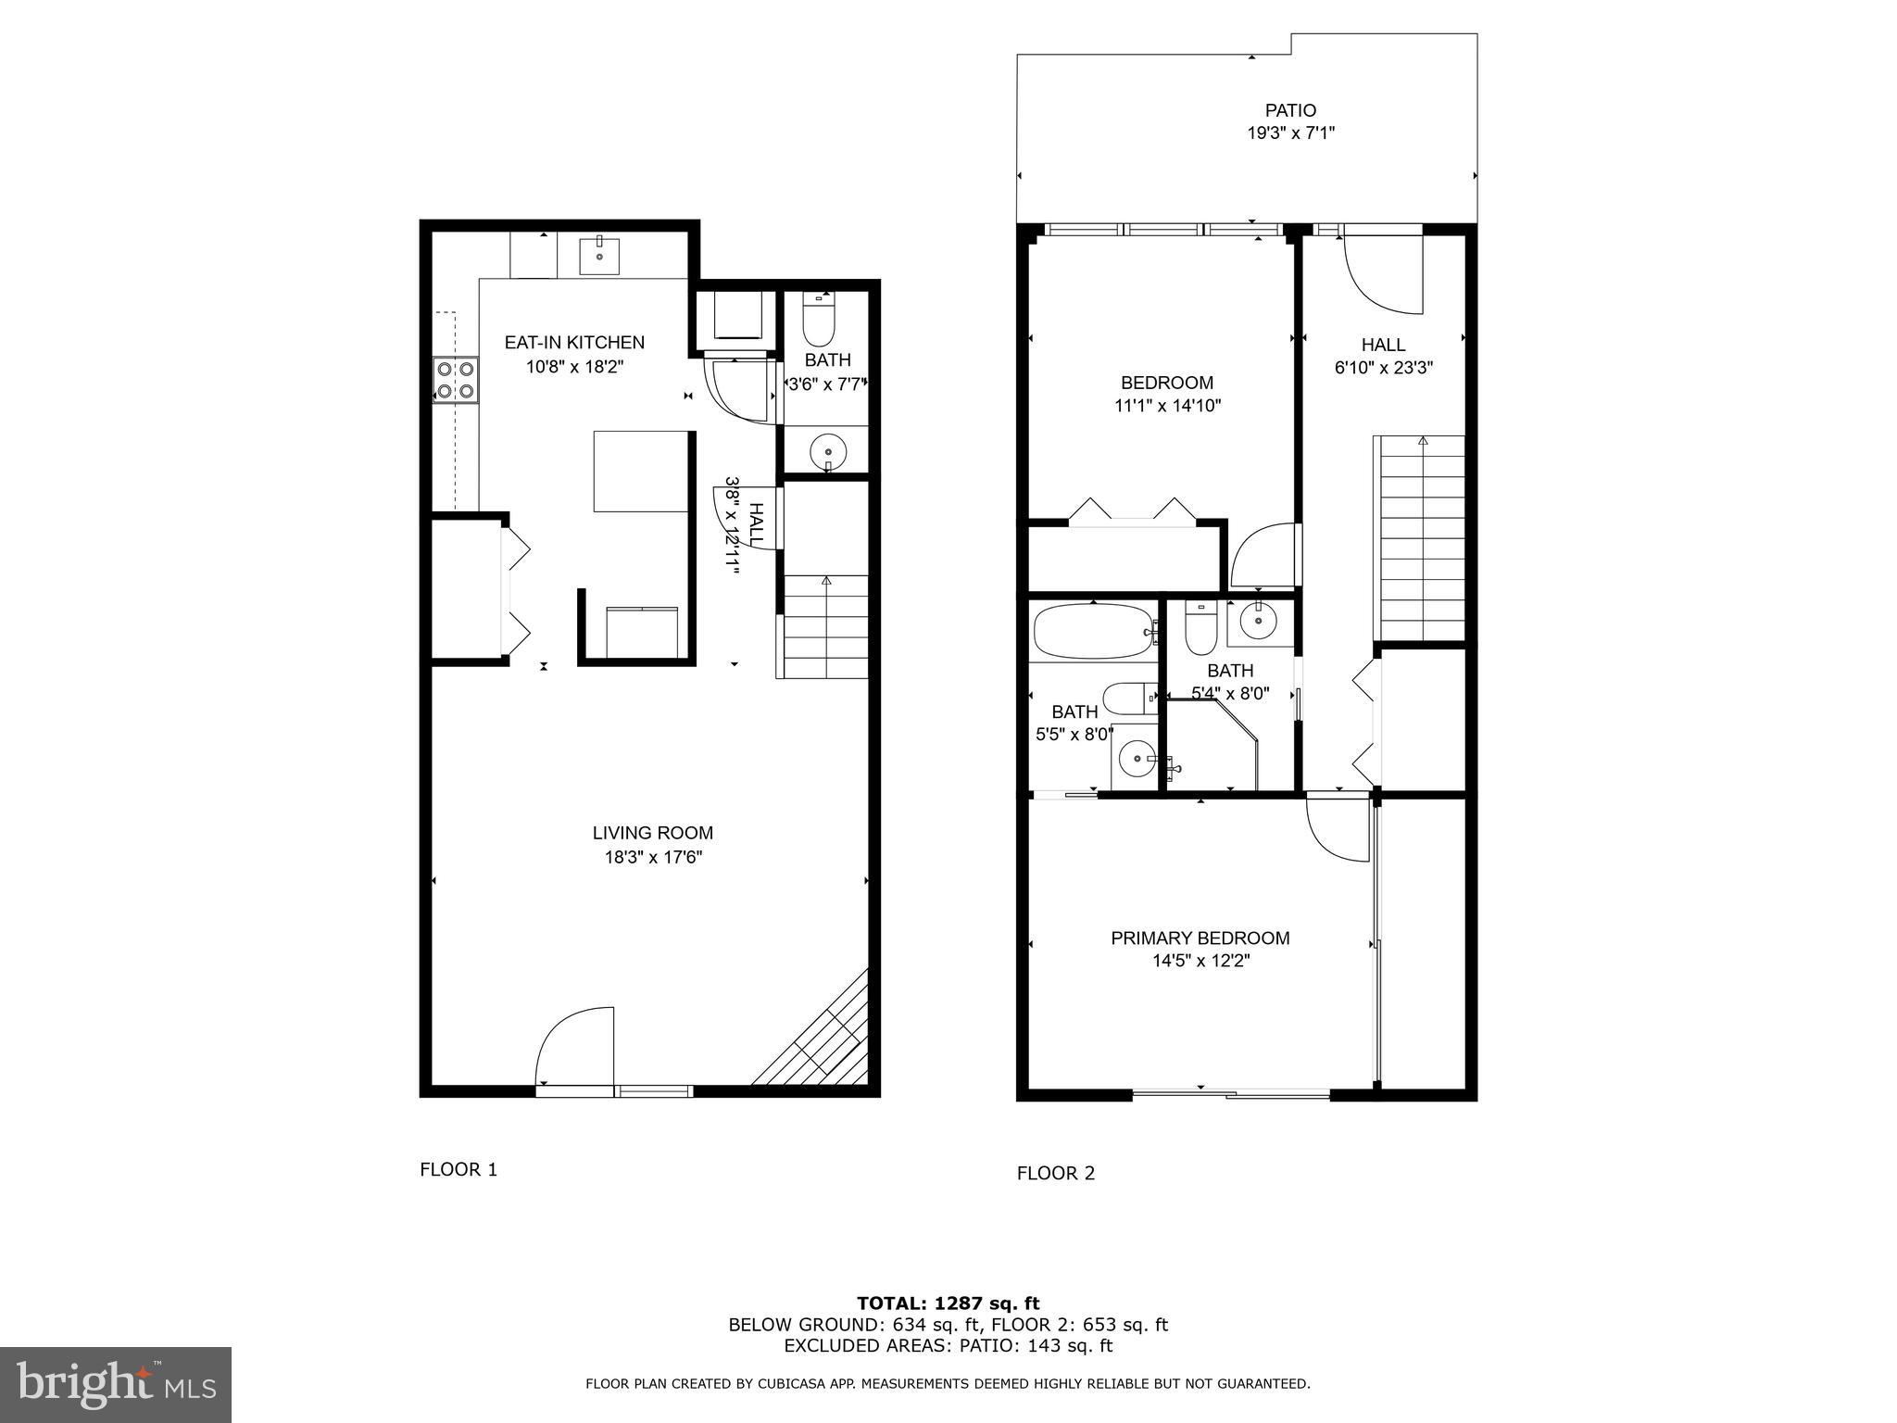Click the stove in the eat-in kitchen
pos(456,380)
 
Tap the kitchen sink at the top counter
pos(599,255)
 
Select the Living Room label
pos(652,833)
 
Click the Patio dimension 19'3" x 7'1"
pos(1290,133)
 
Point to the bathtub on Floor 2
pos(1094,631)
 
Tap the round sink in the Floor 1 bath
pos(827,453)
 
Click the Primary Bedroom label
pos(1200,938)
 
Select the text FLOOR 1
pos(459,1169)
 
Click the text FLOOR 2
pos(1055,1173)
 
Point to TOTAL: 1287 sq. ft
pos(948,1303)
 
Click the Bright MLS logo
pos(116,1384)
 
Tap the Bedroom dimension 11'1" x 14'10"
pos(1167,405)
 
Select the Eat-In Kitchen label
pos(574,342)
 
